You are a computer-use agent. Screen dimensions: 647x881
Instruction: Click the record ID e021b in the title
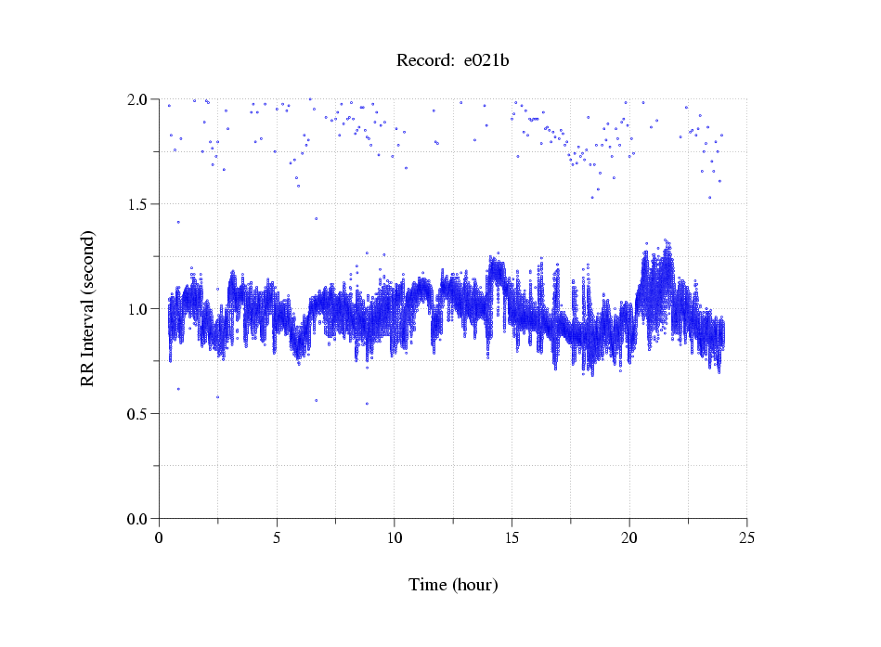(x=486, y=61)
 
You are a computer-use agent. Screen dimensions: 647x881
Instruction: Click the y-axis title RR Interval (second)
(x=88, y=308)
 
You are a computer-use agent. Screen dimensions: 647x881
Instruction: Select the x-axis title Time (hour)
(x=453, y=585)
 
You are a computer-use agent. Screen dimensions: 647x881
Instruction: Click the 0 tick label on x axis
(x=160, y=537)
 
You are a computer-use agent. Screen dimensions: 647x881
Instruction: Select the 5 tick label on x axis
(x=277, y=537)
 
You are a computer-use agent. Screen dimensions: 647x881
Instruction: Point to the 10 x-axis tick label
(x=395, y=537)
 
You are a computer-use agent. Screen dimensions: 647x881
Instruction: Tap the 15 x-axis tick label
(x=512, y=537)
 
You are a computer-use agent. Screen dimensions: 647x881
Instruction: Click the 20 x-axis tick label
(x=629, y=537)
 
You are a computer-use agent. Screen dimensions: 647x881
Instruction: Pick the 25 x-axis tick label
(x=746, y=537)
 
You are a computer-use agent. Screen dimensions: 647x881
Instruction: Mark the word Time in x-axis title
(x=428, y=585)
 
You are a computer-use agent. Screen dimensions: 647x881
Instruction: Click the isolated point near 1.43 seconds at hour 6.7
(x=317, y=219)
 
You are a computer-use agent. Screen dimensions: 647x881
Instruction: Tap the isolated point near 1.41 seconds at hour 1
(x=178, y=222)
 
